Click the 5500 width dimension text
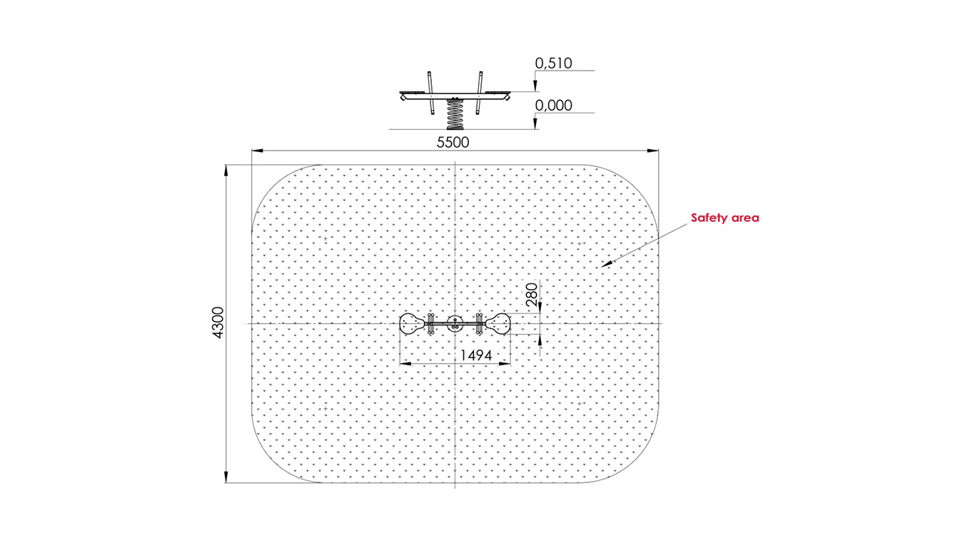click(453, 142)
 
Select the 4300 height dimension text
click(218, 323)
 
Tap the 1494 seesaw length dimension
click(476, 355)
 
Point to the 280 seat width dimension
click(532, 295)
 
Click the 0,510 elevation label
click(553, 63)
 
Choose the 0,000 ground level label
click(553, 105)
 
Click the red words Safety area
click(724, 218)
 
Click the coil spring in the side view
click(455, 114)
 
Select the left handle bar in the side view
click(430, 93)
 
